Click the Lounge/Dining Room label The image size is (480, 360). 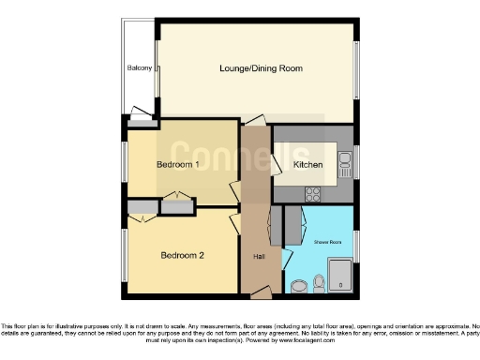[x=260, y=68]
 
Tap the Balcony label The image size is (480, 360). [x=140, y=68]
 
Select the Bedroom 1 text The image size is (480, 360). [x=177, y=164]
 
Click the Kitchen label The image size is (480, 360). [x=307, y=164]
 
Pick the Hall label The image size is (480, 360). [x=258, y=256]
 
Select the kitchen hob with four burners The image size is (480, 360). [x=313, y=194]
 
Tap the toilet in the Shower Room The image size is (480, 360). [x=319, y=281]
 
